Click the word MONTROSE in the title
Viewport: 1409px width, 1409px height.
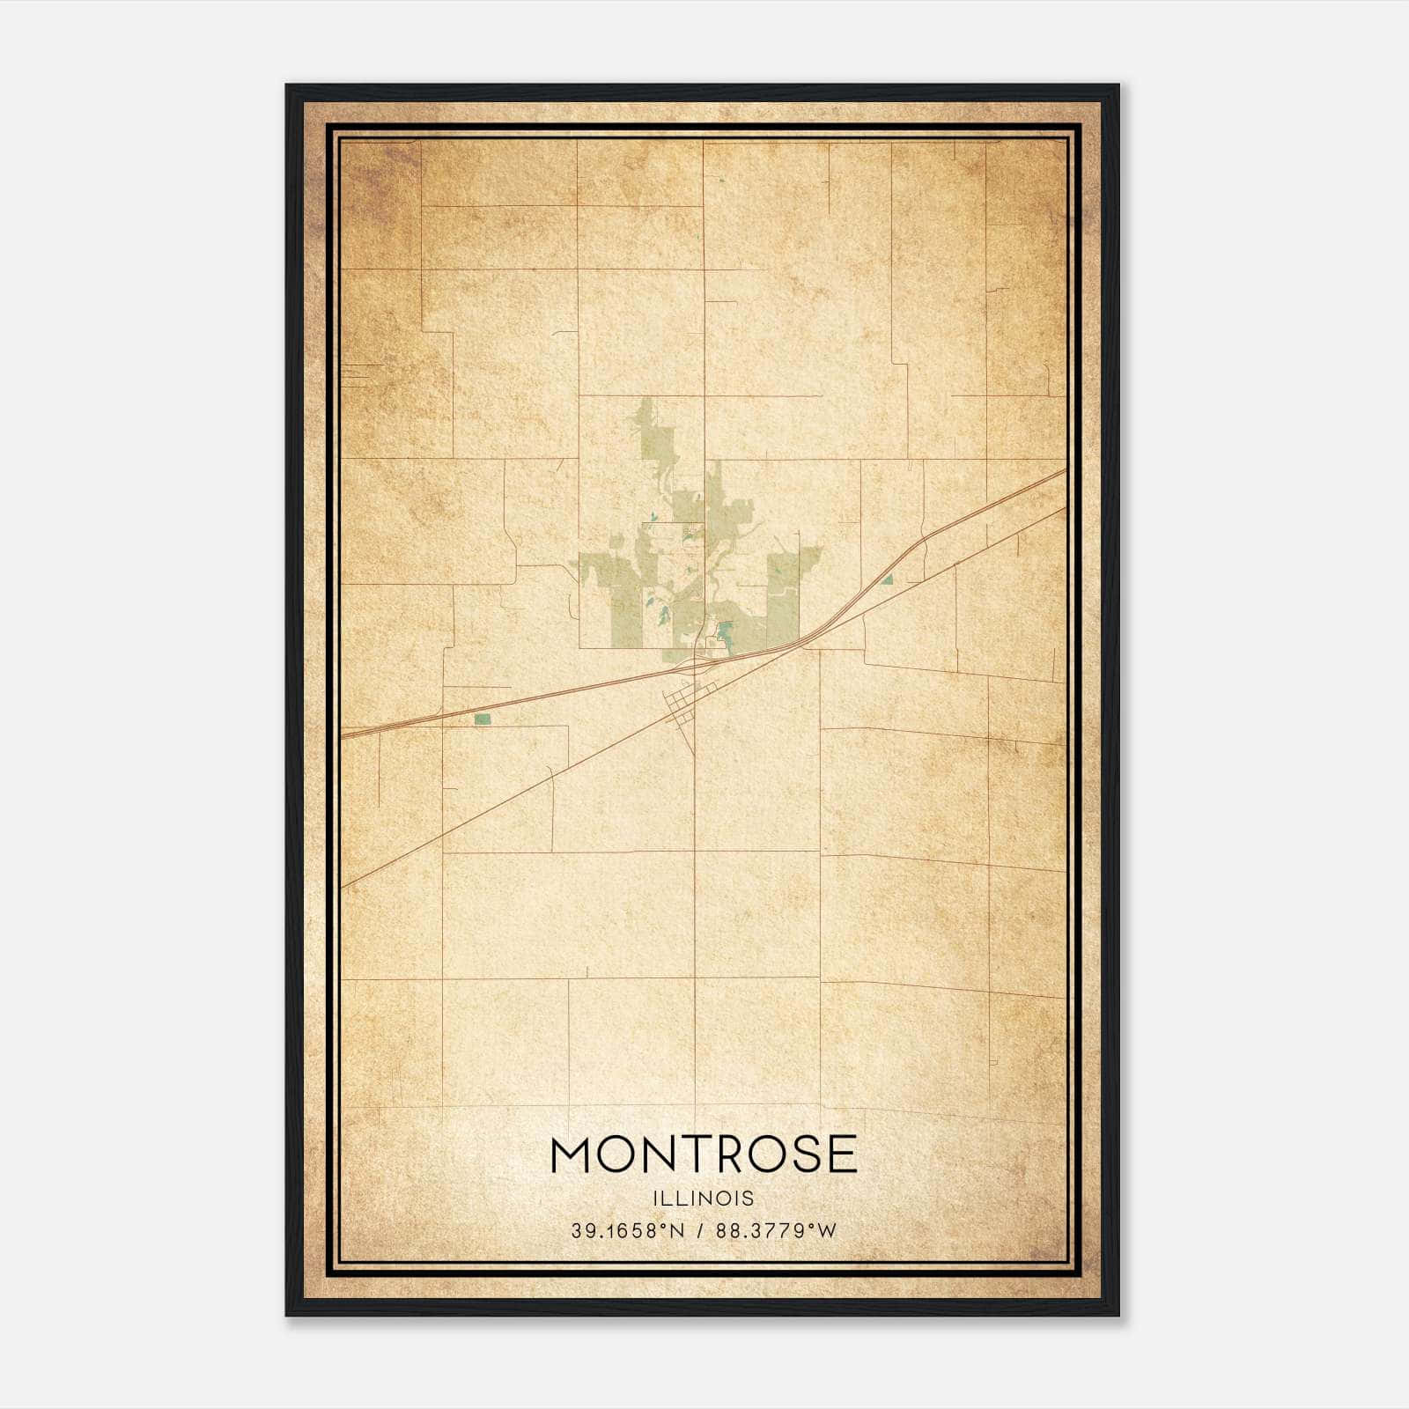[x=704, y=1154]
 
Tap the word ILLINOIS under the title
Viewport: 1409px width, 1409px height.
[x=704, y=1199]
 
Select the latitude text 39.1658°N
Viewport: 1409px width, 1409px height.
[x=627, y=1231]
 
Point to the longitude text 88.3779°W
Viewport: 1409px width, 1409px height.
[x=776, y=1231]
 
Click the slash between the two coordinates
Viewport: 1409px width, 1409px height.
[x=700, y=1231]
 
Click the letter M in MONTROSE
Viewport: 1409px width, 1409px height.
[x=575, y=1154]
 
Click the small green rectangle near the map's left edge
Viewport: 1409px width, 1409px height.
[x=482, y=719]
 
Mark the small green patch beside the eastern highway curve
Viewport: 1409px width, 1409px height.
[x=888, y=579]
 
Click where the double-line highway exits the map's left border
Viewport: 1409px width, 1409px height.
[x=343, y=732]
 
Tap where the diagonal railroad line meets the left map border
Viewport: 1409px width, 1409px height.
[x=343, y=885]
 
